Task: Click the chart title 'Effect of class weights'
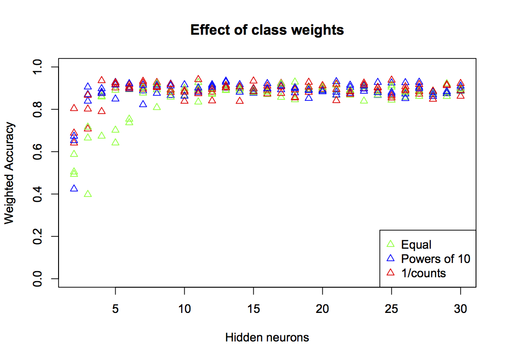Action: pos(267,30)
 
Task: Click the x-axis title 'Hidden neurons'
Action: pos(267,338)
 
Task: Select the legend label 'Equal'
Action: pos(416,244)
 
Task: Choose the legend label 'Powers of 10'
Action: pos(436,259)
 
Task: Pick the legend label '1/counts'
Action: pos(424,273)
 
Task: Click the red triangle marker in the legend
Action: pos(391,272)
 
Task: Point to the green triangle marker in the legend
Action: pos(391,244)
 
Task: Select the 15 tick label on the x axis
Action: pos(253,309)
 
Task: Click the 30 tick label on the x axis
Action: pos(460,309)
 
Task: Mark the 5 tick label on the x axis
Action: pos(115,309)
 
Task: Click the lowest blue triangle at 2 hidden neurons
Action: pos(74,188)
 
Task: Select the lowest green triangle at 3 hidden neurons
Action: pos(88,194)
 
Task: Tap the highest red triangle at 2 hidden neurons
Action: pos(74,108)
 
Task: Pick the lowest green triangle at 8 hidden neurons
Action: pos(157,107)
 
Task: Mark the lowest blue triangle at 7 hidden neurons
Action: pos(143,104)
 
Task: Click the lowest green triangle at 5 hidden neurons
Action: pos(115,142)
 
